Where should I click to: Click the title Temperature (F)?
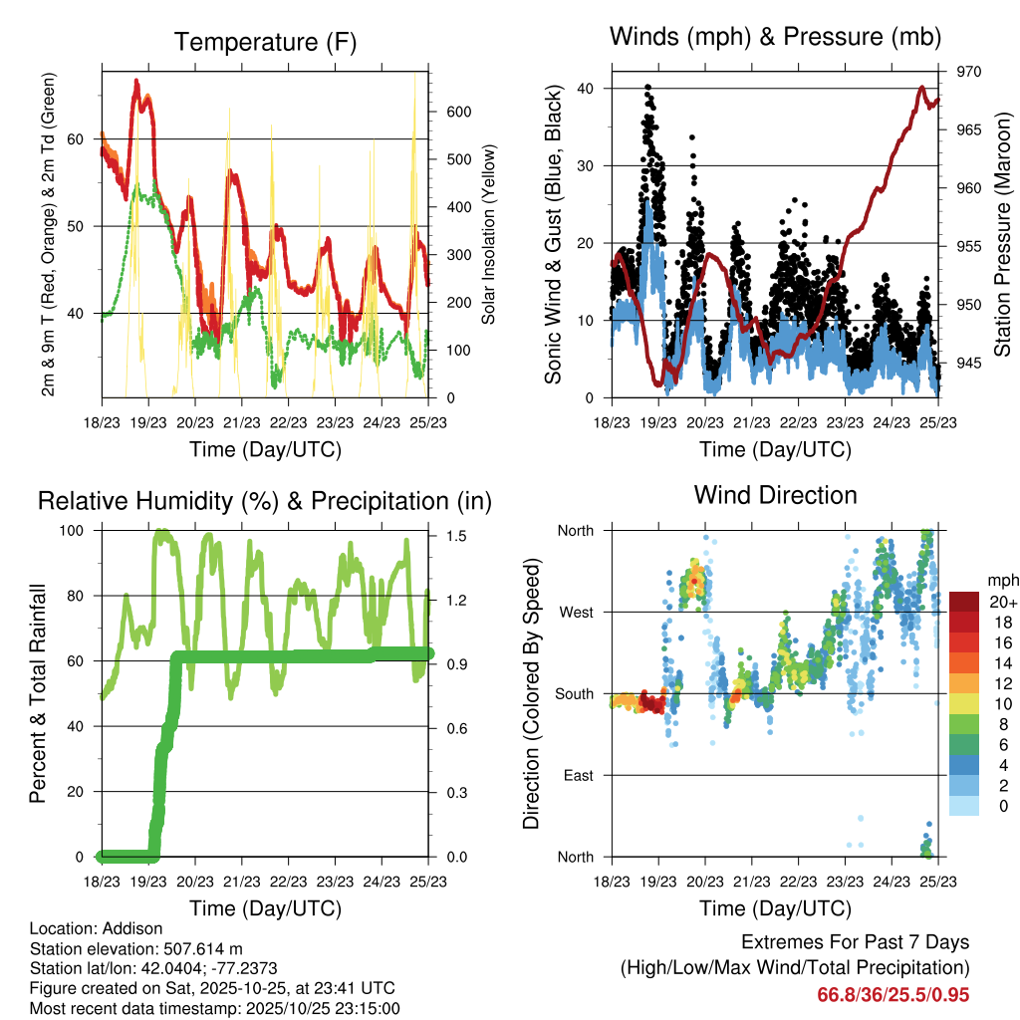[x=265, y=42]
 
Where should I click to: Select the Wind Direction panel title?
[x=775, y=495]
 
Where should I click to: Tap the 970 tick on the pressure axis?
[x=969, y=72]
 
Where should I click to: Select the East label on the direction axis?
[x=577, y=775]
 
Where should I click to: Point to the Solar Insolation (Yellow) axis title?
[x=488, y=235]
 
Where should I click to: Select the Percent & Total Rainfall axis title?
[x=37, y=693]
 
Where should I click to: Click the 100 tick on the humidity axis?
[x=76, y=531]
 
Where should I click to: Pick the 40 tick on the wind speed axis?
[x=587, y=89]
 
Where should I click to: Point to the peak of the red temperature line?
[x=137, y=80]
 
